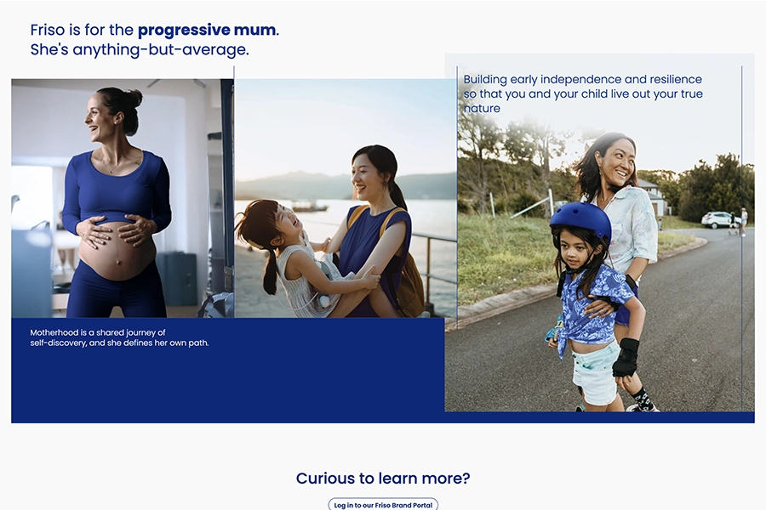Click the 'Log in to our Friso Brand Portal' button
[x=383, y=505]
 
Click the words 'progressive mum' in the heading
[x=207, y=31]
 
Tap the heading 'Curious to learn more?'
[x=383, y=479]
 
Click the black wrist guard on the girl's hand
[x=626, y=357]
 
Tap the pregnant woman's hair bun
[x=132, y=98]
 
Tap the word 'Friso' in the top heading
[x=48, y=31]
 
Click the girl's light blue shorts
[x=595, y=372]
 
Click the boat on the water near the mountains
[x=310, y=207]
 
